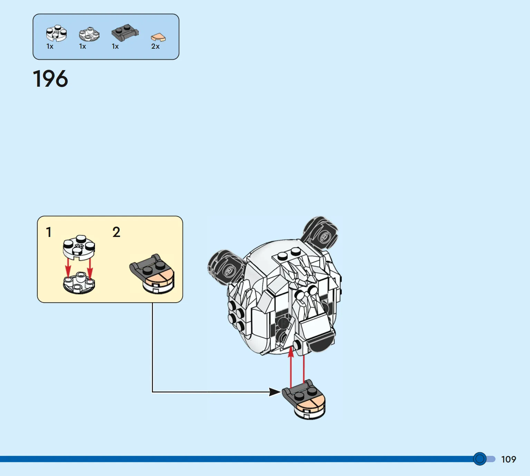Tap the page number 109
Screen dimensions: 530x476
(x=509, y=459)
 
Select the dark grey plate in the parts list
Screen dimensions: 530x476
(x=125, y=32)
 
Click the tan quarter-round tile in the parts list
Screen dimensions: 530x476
(x=158, y=37)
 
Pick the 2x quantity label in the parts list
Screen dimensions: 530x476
(x=155, y=46)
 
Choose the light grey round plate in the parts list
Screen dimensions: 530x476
(x=89, y=34)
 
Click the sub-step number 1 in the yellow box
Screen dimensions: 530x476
(x=49, y=232)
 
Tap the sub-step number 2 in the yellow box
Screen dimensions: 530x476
(x=116, y=232)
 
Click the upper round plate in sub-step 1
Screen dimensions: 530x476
(x=79, y=248)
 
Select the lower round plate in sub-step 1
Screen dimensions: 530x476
(x=79, y=283)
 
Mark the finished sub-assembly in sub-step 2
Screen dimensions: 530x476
(x=152, y=274)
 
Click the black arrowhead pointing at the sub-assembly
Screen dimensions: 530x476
(x=275, y=392)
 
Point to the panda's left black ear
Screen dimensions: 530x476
(x=226, y=267)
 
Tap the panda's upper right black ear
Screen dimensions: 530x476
(x=320, y=231)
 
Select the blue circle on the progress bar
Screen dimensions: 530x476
(x=480, y=459)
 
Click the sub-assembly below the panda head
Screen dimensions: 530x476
(x=304, y=400)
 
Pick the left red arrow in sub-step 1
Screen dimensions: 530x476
(x=68, y=268)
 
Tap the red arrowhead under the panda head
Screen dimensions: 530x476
(x=291, y=351)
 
